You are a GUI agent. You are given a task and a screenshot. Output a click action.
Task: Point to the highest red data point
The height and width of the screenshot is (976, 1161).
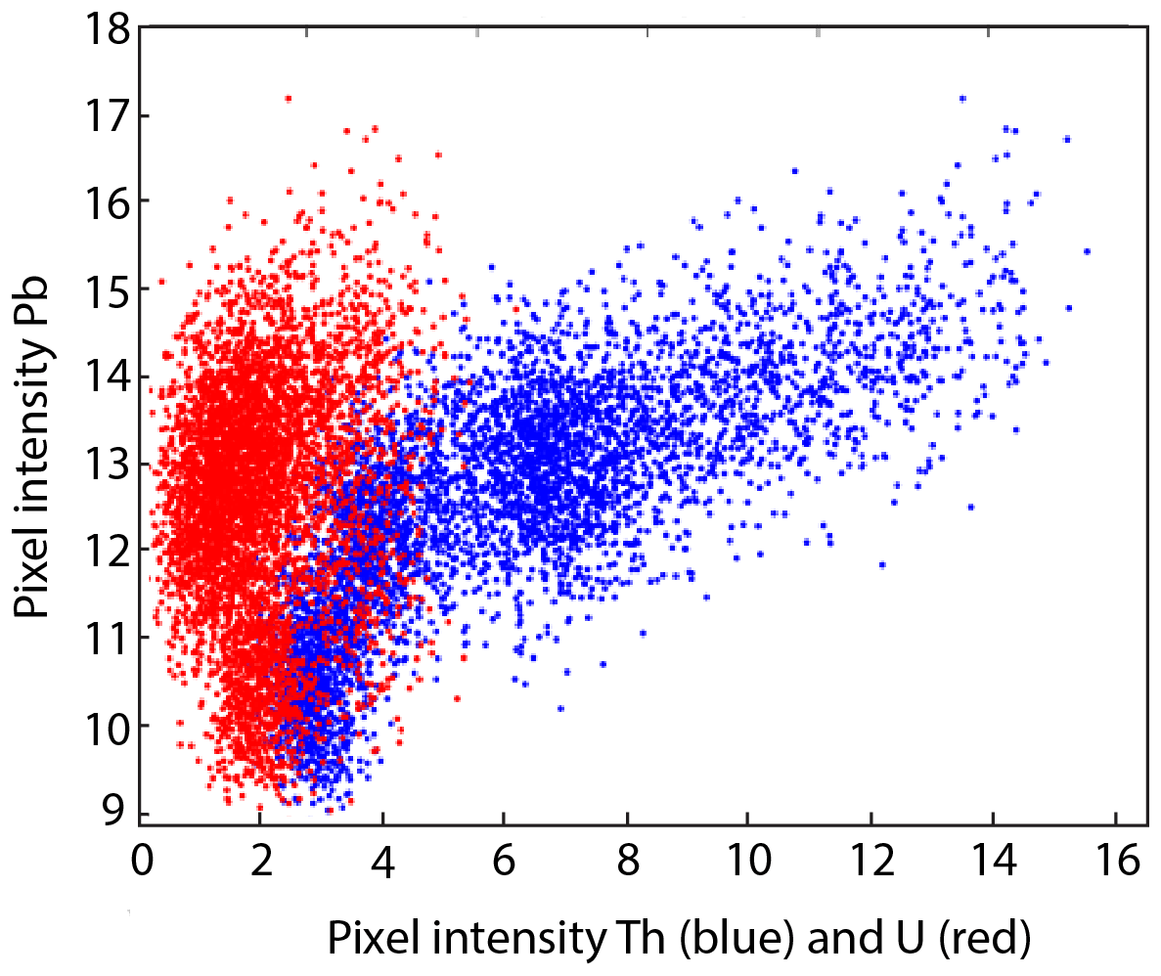(x=288, y=99)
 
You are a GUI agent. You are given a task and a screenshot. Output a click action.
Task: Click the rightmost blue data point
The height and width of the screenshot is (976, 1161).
(x=1087, y=251)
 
